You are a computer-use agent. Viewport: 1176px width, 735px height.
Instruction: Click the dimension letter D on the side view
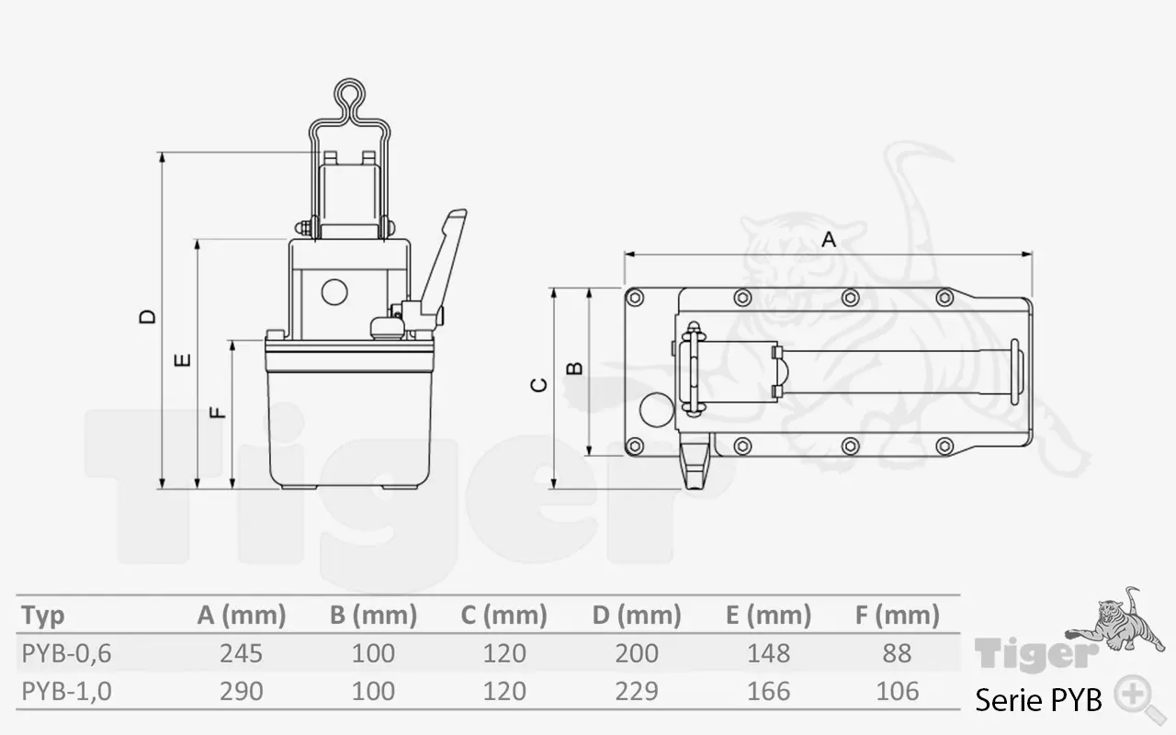pyautogui.click(x=147, y=317)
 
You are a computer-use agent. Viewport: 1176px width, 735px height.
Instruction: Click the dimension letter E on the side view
pyautogui.click(x=183, y=359)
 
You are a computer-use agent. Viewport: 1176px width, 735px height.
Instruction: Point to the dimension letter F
pyautogui.click(x=219, y=412)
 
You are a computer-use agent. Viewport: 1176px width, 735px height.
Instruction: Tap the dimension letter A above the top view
pyautogui.click(x=828, y=240)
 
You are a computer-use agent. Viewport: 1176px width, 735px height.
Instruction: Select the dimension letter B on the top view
pyautogui.click(x=574, y=367)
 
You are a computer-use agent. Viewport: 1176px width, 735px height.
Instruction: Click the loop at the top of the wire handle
pyautogui.click(x=349, y=95)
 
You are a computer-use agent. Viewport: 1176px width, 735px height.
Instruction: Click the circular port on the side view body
pyautogui.click(x=334, y=292)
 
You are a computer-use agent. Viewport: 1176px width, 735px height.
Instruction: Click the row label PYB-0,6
pyautogui.click(x=66, y=653)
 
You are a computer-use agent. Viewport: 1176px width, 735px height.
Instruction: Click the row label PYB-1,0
pyautogui.click(x=66, y=691)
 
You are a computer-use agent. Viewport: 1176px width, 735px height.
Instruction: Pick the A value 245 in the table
pyautogui.click(x=242, y=653)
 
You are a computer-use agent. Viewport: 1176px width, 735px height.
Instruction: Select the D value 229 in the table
pyautogui.click(x=638, y=691)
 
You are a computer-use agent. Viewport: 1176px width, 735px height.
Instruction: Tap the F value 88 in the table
pyautogui.click(x=896, y=653)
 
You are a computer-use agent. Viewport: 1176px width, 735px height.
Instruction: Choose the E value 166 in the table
pyautogui.click(x=769, y=691)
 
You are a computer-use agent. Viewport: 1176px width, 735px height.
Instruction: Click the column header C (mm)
pyautogui.click(x=503, y=615)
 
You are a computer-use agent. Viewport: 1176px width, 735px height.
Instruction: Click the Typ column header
pyautogui.click(x=43, y=615)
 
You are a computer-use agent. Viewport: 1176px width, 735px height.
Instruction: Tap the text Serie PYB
pyautogui.click(x=1038, y=700)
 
